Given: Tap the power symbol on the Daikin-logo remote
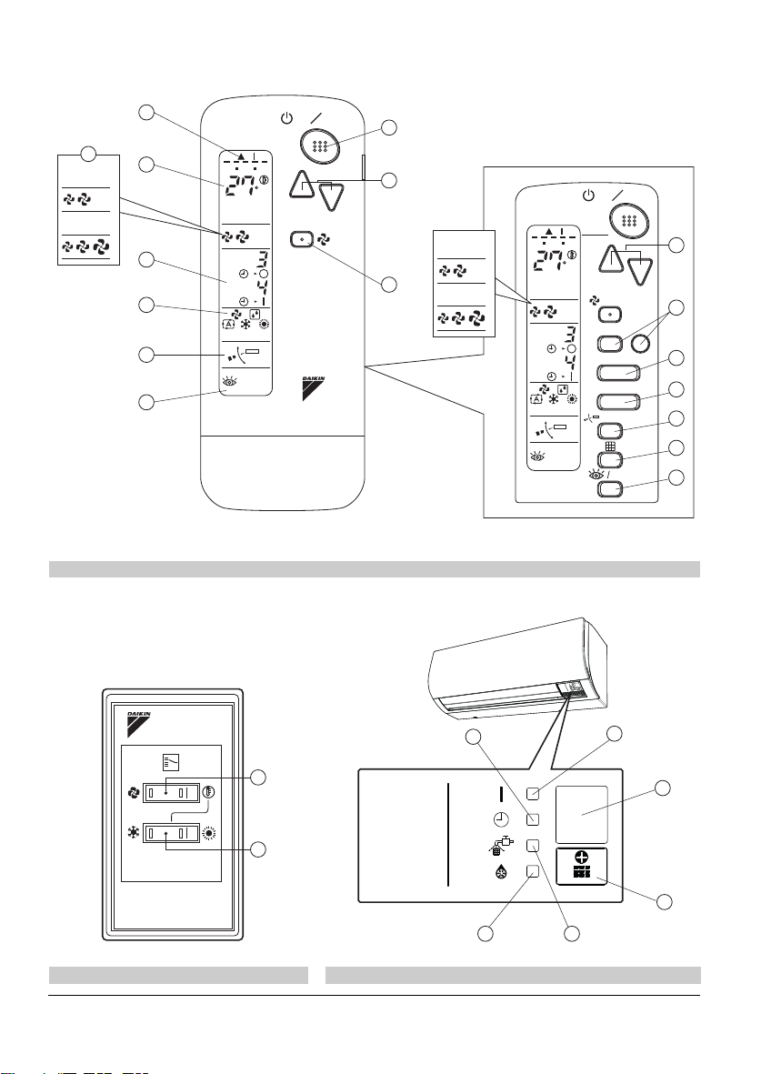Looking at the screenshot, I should [287, 118].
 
